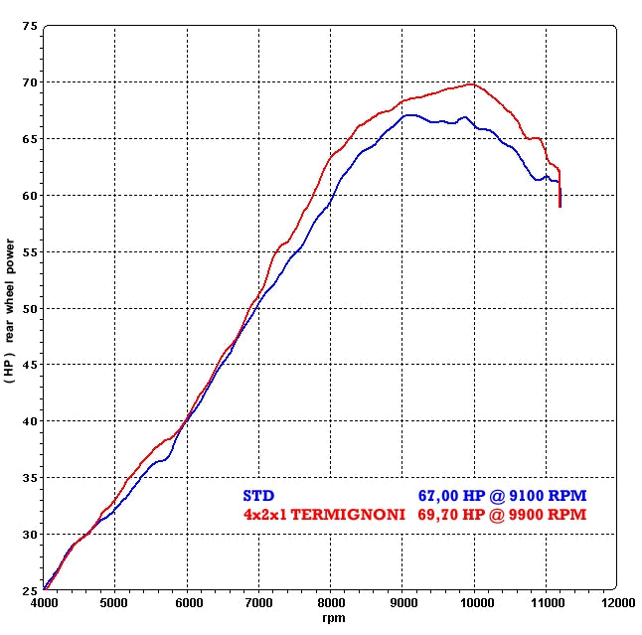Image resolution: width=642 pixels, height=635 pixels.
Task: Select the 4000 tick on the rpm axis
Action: (43, 602)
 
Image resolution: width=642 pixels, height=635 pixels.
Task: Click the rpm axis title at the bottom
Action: (331, 618)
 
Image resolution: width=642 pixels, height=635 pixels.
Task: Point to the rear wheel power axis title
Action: (9, 308)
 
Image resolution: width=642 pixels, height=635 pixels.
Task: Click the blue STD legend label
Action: (258, 495)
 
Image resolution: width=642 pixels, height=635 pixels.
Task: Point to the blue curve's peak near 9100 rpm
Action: (409, 114)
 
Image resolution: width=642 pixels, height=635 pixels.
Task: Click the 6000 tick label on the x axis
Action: (187, 602)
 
